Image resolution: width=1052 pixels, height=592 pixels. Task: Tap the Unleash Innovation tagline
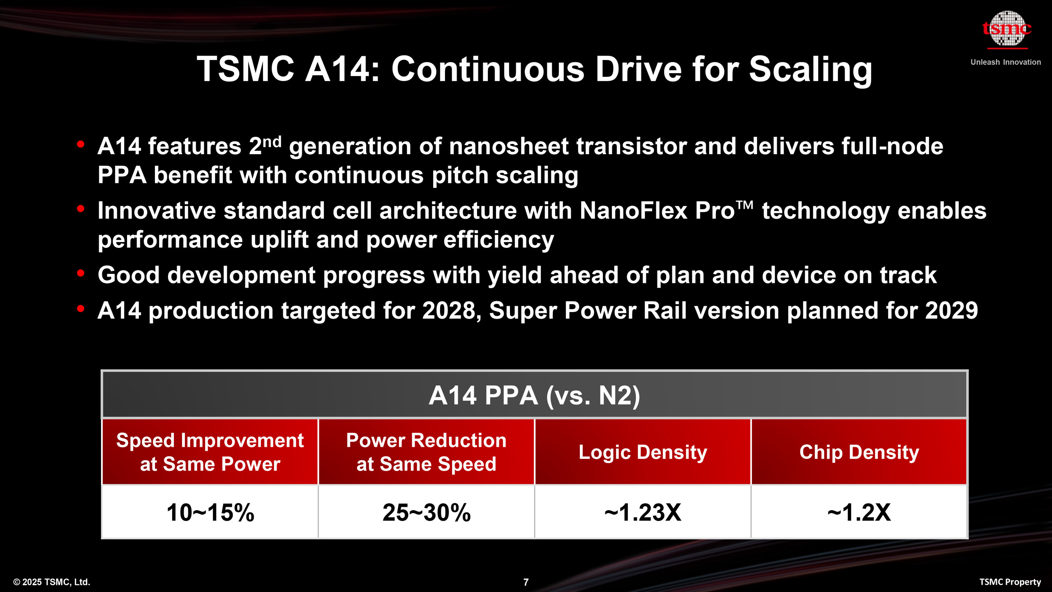coord(1006,62)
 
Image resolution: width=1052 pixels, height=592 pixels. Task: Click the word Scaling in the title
coord(810,69)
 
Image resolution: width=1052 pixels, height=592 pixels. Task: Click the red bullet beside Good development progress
coord(81,273)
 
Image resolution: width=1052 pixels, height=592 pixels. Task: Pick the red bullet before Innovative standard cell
coord(81,209)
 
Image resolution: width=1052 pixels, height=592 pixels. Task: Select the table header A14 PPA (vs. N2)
coord(534,395)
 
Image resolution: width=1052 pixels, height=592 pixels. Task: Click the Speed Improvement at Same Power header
coord(210,452)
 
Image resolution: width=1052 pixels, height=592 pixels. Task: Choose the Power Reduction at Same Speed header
coord(426,452)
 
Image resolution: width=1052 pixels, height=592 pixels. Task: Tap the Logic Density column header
coord(643,452)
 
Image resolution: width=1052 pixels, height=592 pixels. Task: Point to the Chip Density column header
coord(859,452)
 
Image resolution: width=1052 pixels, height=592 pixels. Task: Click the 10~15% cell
coord(210,512)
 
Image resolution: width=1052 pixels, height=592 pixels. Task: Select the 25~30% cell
coord(426,512)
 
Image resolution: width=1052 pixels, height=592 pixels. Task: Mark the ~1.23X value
coord(643,512)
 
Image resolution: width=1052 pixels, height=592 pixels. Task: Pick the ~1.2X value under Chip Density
coord(859,512)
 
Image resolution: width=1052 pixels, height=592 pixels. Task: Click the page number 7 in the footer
coord(526,582)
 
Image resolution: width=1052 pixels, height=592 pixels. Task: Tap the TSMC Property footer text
coord(1010,582)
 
